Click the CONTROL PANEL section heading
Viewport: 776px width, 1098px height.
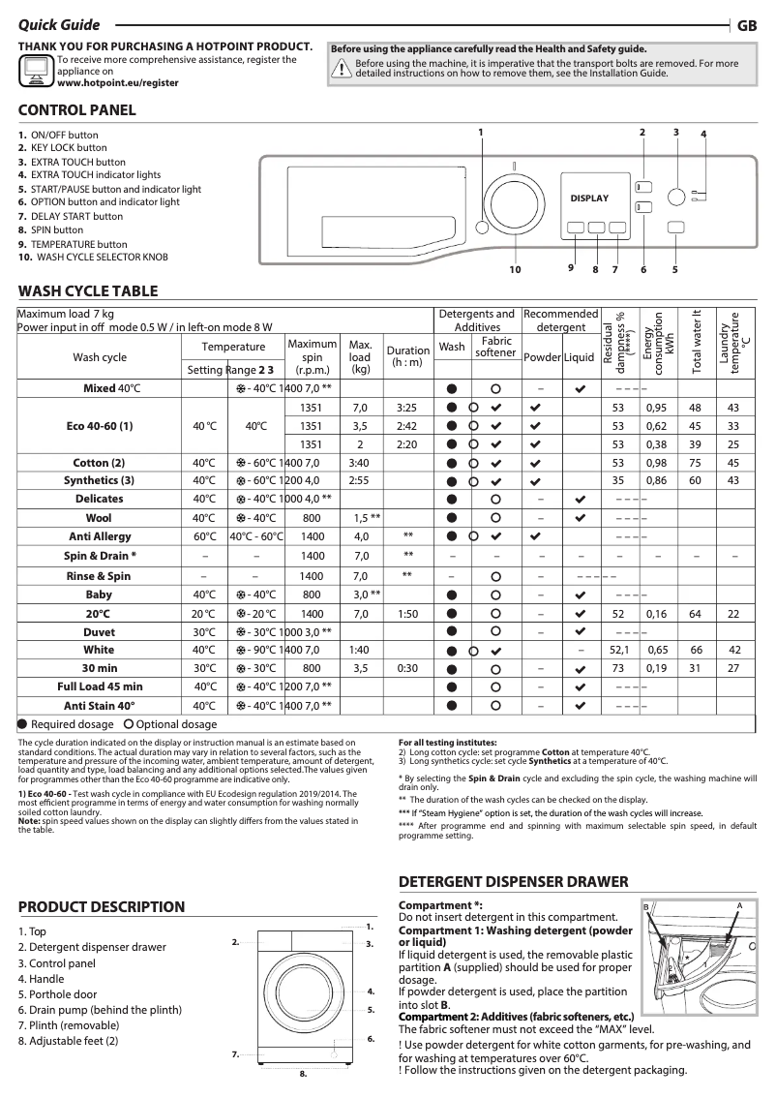coord(77,110)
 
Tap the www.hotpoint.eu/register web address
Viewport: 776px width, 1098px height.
coord(118,83)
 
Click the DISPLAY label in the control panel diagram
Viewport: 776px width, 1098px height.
coord(589,198)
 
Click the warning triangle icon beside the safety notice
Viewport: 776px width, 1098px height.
coord(342,68)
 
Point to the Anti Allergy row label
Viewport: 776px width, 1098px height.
coord(100,536)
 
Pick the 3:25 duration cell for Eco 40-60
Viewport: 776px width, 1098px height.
coord(406,408)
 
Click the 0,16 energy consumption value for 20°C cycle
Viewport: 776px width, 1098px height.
coord(657,614)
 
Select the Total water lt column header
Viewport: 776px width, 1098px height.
coord(695,342)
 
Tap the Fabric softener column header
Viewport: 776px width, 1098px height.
coord(495,347)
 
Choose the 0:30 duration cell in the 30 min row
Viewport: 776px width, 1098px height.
coord(406,668)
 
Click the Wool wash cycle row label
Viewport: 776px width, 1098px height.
coord(100,518)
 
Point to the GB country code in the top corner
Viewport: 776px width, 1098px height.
coord(747,27)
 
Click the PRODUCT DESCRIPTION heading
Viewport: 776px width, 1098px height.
coord(102,907)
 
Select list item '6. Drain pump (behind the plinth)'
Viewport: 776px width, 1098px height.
coord(100,1010)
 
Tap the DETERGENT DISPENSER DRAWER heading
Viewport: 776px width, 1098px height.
coord(514,882)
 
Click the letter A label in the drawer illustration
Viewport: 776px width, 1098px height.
coord(738,904)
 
